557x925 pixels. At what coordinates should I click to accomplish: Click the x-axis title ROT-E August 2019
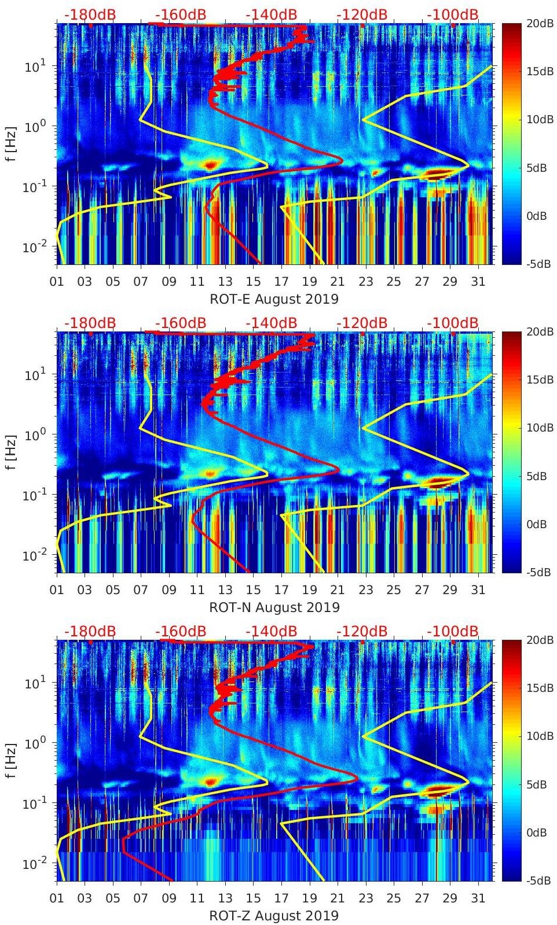274,298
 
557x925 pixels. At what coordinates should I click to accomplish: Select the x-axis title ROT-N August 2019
274,607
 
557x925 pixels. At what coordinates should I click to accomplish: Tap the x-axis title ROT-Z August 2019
274,915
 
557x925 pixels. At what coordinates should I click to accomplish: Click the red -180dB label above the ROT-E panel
90,14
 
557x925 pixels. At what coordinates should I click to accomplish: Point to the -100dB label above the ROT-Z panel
453,631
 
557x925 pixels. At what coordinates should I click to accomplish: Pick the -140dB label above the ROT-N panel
271,323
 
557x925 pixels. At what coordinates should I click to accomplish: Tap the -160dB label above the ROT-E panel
181,14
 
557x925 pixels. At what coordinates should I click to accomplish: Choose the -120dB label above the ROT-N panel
362,323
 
